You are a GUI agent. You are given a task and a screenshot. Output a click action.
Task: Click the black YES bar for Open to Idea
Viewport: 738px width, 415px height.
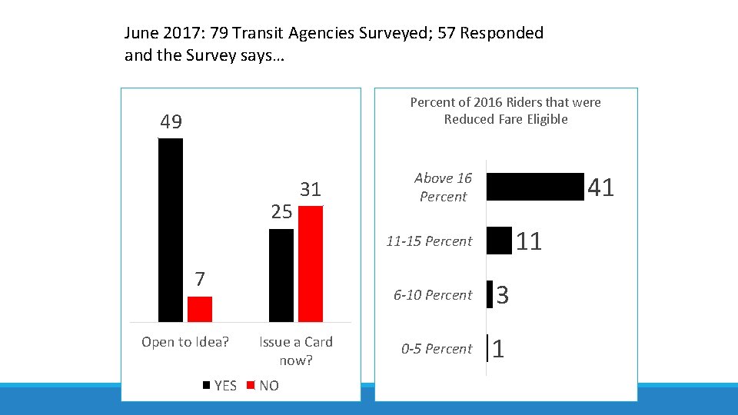pos(171,230)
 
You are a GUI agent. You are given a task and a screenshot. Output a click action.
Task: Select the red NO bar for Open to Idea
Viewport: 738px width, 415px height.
pos(199,309)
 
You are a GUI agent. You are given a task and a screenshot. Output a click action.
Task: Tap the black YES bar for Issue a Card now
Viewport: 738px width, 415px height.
pos(281,275)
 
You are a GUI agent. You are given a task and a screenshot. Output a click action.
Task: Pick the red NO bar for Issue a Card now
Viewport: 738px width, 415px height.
pos(311,264)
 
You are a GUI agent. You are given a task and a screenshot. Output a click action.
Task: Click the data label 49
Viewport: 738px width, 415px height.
pos(171,122)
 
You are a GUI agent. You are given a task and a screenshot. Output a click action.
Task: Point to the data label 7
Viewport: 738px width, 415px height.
pos(199,279)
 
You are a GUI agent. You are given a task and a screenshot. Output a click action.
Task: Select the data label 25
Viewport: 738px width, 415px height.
pos(281,212)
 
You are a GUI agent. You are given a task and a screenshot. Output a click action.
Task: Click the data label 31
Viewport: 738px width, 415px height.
pos(311,190)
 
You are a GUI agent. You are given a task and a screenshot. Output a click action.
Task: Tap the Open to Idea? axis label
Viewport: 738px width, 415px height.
pos(185,342)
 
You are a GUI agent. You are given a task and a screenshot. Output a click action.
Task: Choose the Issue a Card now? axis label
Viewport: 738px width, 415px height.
pos(296,350)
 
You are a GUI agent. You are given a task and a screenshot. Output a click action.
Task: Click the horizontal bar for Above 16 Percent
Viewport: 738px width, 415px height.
pos(536,187)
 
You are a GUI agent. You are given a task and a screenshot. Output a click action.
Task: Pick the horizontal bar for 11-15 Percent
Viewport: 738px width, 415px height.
pos(500,241)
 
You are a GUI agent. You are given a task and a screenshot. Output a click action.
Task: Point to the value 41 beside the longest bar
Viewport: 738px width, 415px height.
pos(600,187)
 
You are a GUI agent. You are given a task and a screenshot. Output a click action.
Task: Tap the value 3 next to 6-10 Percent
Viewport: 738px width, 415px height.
pos(502,295)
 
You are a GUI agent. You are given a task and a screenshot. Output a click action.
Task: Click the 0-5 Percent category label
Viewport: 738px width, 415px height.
pos(437,349)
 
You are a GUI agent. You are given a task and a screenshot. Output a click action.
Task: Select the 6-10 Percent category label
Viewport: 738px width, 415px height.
pos(433,295)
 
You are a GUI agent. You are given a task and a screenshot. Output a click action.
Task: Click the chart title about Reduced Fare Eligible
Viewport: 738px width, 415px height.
pos(505,111)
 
